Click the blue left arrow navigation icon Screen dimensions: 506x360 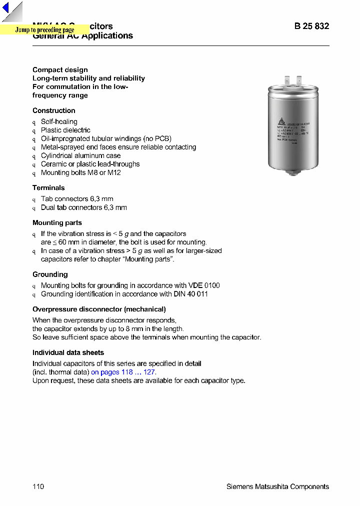point(6,8)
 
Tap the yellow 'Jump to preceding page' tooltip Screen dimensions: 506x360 point(44,30)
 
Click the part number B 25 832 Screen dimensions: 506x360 point(311,26)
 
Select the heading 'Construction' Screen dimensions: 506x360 point(54,110)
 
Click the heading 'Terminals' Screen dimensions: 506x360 point(48,187)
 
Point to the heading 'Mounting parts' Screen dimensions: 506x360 point(57,222)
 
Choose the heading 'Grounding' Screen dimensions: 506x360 point(50,274)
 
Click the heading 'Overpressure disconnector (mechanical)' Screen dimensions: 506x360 point(99,309)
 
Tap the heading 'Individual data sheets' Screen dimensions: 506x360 point(68,352)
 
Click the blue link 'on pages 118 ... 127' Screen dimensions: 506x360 point(123,372)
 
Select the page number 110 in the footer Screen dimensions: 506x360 point(38,486)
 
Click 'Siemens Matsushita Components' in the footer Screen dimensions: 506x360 point(277,486)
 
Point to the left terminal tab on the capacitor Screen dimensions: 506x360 point(287,80)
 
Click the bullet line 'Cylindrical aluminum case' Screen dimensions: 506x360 point(80,155)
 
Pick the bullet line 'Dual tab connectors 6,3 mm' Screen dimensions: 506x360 point(83,207)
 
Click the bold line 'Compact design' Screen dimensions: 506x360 point(60,69)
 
